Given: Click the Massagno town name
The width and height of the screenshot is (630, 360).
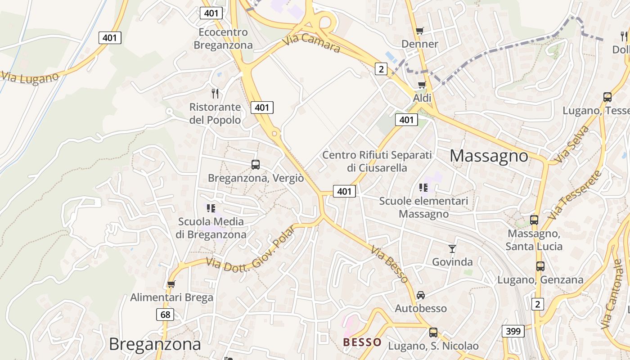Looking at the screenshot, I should pyautogui.click(x=489, y=156).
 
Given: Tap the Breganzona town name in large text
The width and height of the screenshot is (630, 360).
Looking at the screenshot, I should pyautogui.click(x=155, y=344).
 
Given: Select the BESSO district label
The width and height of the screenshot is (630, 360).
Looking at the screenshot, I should pyautogui.click(x=362, y=342).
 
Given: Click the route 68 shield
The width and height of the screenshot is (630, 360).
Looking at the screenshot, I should pyautogui.click(x=166, y=315).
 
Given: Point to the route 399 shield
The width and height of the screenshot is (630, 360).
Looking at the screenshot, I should pyautogui.click(x=513, y=332).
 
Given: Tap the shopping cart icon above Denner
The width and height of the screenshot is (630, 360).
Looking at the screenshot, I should pyautogui.click(x=420, y=31).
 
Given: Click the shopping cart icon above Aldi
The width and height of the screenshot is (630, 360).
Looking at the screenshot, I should pyautogui.click(x=422, y=85).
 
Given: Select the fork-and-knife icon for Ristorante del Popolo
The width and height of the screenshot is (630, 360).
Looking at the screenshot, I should pyautogui.click(x=215, y=94).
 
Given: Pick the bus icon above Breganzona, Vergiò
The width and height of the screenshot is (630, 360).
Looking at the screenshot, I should pyautogui.click(x=256, y=165).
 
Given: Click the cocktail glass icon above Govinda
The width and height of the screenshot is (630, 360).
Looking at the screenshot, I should pyautogui.click(x=452, y=248).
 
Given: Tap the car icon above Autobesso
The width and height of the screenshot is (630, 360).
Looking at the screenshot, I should pyautogui.click(x=421, y=295).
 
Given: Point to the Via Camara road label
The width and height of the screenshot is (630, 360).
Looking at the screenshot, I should pyautogui.click(x=311, y=43).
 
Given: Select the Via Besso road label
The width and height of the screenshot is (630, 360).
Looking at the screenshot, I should pyautogui.click(x=390, y=264).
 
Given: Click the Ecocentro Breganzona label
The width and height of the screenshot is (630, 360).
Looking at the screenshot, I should pyautogui.click(x=223, y=39).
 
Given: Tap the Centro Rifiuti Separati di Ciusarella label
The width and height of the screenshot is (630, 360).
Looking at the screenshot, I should pyautogui.click(x=377, y=161).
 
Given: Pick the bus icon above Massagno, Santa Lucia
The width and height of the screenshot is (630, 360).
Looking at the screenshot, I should pyautogui.click(x=534, y=220).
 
